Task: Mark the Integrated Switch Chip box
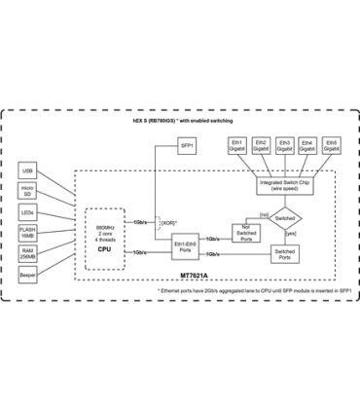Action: tap(284, 183)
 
